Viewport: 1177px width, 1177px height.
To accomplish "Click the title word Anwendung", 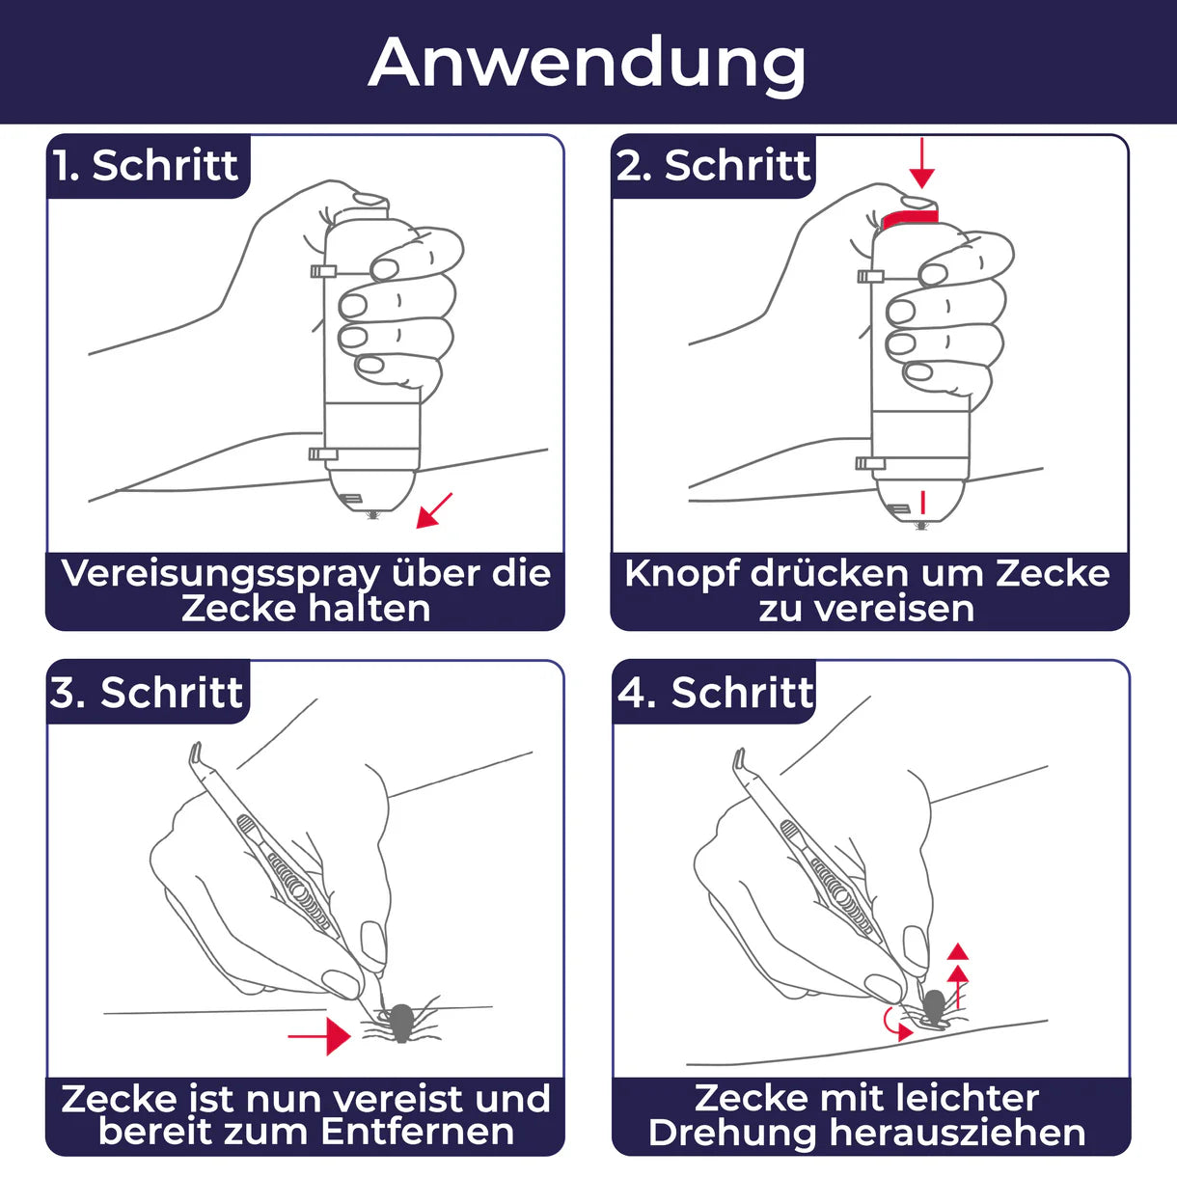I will click(x=587, y=63).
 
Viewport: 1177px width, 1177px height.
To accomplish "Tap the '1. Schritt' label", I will click(x=146, y=166).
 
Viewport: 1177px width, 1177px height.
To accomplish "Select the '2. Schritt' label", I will click(x=713, y=166).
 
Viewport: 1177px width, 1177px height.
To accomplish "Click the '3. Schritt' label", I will click(x=147, y=693).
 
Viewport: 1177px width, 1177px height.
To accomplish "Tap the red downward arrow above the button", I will click(x=921, y=163).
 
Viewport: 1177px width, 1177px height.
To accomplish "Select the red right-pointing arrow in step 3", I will click(x=320, y=1035).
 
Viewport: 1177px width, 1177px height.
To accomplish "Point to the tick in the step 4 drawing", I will click(x=932, y=1007).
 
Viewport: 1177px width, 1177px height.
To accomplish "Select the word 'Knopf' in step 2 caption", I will click(x=681, y=574).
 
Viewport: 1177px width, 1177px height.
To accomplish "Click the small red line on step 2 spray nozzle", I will click(x=922, y=502).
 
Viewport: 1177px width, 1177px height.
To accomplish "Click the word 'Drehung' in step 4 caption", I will click(x=733, y=1133).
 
